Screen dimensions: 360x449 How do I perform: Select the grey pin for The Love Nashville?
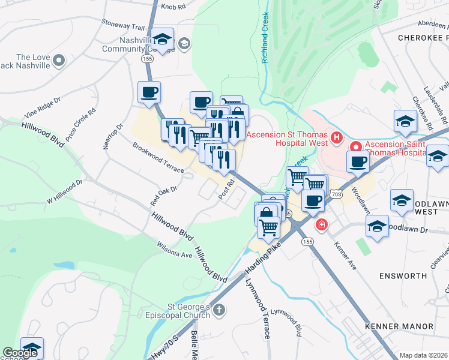click(x=59, y=61)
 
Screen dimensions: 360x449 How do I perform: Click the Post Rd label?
click(x=226, y=191)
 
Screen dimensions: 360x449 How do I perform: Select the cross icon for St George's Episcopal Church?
click(x=220, y=310)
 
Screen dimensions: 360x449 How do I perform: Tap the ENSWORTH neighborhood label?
click(x=403, y=276)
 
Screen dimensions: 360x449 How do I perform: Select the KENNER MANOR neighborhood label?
click(x=399, y=326)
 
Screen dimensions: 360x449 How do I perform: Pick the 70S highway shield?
click(x=335, y=194)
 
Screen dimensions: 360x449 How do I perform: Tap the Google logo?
click(x=20, y=353)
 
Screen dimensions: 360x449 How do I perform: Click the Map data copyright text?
click(x=424, y=355)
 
